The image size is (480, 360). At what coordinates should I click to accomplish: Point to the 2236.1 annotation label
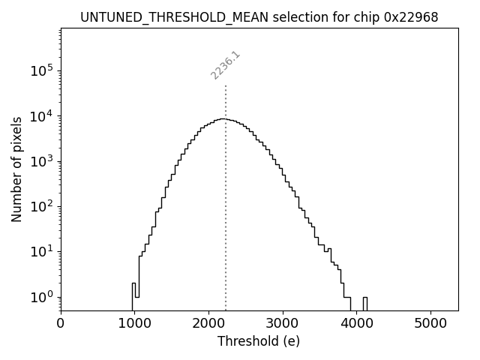(225, 65)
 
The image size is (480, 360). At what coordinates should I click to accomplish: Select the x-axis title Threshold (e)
(259, 341)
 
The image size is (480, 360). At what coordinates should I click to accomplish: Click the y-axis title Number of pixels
(16, 169)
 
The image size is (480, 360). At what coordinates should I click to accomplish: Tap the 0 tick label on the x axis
(61, 324)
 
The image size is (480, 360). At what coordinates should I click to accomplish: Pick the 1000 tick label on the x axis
(134, 324)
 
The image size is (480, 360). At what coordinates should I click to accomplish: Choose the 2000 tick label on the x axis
(208, 324)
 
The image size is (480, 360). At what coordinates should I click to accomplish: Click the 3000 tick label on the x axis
(283, 324)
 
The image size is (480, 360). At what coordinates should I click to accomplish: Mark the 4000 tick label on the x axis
(356, 324)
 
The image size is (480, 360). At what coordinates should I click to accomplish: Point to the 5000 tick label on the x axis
(430, 324)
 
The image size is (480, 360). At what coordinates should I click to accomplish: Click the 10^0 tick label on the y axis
(43, 296)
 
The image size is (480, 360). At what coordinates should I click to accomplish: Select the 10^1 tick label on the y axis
(43, 251)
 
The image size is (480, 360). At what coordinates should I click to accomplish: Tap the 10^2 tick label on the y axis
(43, 206)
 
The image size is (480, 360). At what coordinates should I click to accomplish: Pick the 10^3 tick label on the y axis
(43, 161)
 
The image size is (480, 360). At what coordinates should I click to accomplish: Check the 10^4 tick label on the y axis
(43, 116)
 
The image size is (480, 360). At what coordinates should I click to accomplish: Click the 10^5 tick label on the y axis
(43, 71)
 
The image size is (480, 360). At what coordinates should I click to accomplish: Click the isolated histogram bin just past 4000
(364, 303)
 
